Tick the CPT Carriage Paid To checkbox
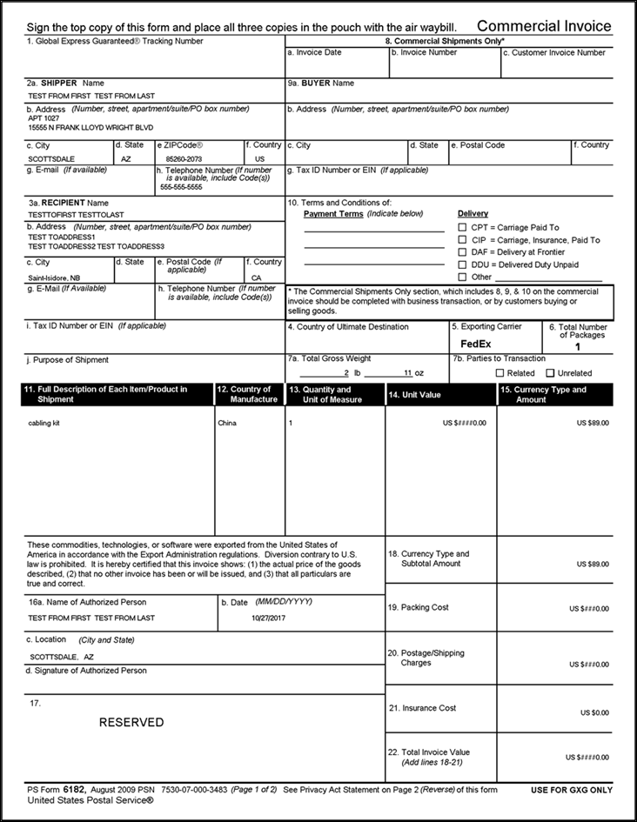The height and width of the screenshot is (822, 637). click(463, 227)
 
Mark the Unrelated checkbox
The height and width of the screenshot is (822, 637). click(550, 373)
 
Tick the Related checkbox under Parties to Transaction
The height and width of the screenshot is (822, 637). click(500, 373)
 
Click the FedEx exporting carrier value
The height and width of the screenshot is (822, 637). click(475, 344)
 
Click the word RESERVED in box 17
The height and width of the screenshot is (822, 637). click(131, 722)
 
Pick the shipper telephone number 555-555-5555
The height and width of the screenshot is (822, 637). click(181, 187)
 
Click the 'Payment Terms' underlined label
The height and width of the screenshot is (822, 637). click(333, 213)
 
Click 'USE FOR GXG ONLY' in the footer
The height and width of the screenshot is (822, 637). click(571, 790)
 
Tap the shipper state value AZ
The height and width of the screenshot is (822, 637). click(125, 160)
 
